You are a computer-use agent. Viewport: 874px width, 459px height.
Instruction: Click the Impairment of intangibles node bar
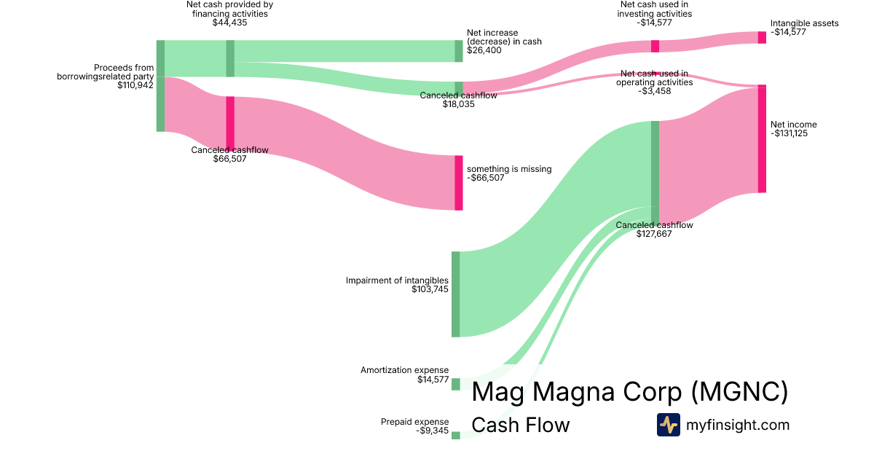coord(456,294)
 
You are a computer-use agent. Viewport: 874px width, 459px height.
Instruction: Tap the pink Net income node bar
coord(762,138)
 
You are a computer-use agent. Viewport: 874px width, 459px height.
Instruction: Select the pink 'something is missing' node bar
coord(459,183)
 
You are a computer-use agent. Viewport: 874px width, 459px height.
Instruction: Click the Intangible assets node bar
coord(762,37)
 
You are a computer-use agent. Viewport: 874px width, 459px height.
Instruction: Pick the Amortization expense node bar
coord(456,384)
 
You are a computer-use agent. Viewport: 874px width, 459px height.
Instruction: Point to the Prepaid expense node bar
coord(456,435)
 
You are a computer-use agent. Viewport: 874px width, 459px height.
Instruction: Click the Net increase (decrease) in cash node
coord(459,51)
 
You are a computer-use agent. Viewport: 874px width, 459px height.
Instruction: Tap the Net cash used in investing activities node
coord(655,46)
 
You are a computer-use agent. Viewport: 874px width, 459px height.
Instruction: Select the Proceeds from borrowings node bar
coord(160,86)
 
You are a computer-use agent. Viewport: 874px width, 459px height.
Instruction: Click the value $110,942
coord(135,85)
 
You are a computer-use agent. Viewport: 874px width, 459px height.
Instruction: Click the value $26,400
coord(484,50)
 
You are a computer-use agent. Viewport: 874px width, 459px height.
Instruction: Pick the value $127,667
coord(654,235)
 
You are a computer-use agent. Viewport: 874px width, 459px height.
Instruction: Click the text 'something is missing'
coord(509,169)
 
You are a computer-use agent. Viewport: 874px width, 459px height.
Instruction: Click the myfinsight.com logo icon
coord(668,424)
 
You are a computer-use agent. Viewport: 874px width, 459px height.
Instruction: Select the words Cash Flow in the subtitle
coord(521,425)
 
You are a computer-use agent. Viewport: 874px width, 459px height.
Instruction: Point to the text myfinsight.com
coord(737,425)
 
